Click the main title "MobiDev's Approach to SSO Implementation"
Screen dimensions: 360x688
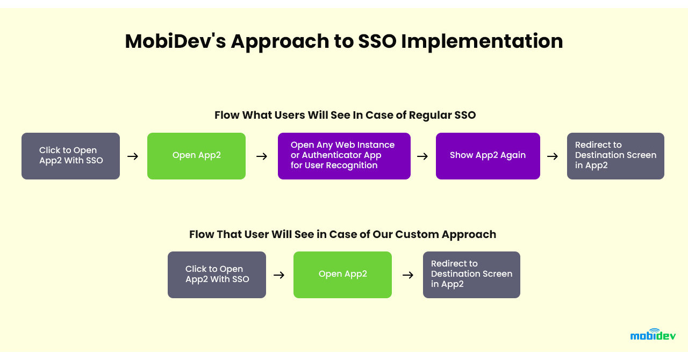[344, 41]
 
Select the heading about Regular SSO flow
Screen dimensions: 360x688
[345, 115]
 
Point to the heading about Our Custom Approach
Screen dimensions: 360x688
[342, 234]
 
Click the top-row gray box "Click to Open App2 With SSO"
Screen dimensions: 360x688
[70, 156]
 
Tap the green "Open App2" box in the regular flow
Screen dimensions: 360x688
[196, 156]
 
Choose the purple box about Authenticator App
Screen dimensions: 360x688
[344, 156]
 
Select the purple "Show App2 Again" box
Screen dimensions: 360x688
[488, 156]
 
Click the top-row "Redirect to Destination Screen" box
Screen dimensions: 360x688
[615, 156]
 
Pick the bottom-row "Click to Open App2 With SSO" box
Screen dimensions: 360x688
[217, 275]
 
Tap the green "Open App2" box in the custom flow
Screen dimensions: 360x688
[342, 275]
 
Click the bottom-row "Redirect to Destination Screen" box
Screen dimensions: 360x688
[471, 275]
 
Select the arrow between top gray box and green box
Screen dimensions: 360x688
[133, 156]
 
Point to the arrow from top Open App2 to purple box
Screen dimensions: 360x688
[262, 156]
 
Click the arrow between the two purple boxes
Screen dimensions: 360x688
[422, 156]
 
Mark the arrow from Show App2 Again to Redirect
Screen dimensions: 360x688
[553, 156]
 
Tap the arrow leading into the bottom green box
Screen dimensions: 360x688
[279, 275]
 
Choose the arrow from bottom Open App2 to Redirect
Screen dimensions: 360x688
[408, 275]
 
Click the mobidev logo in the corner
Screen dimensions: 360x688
[653, 335]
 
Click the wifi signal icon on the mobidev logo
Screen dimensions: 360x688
[655, 330]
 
